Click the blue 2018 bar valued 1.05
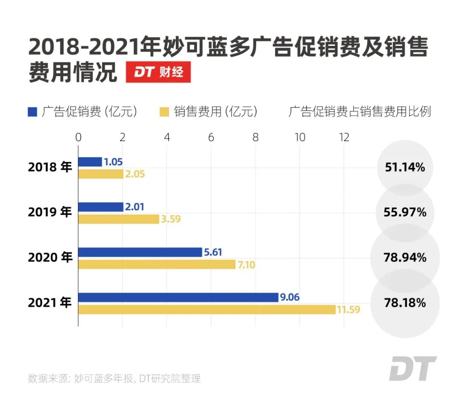[x=90, y=162]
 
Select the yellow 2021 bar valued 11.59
[x=207, y=309]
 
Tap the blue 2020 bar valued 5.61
[x=140, y=252]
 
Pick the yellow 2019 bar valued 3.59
[x=118, y=219]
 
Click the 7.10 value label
[x=246, y=265]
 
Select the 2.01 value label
[x=135, y=207]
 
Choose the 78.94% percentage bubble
[x=404, y=258]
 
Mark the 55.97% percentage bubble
[x=404, y=212]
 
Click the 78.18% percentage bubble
[x=404, y=303]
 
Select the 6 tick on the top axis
[x=211, y=137]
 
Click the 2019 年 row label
[x=50, y=212]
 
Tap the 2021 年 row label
[x=50, y=303]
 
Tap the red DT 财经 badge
[x=158, y=73]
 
